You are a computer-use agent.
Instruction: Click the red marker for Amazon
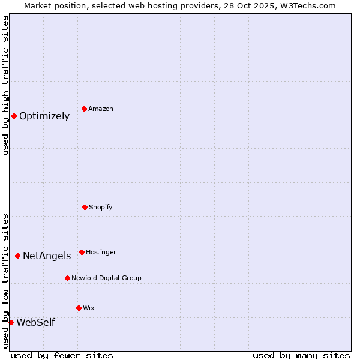85,109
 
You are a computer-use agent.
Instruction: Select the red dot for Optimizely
14,116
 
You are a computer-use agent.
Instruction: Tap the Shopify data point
85,207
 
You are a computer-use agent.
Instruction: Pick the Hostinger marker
82,252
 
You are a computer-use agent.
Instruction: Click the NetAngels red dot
17,256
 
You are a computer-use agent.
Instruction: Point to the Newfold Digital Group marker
67,278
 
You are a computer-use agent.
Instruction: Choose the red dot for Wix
79,308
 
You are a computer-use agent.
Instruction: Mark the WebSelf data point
11,322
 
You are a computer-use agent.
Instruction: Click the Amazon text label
101,109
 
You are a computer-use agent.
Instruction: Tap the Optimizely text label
44,116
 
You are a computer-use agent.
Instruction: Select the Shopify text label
101,207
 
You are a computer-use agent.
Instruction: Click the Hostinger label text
101,252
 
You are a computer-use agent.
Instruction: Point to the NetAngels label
47,256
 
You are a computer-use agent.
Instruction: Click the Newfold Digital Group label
106,278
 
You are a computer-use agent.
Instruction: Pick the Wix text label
89,308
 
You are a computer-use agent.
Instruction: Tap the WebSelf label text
35,323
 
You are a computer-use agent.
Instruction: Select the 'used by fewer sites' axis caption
62,355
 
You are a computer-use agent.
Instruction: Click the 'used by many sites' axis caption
301,355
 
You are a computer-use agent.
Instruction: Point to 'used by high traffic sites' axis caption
5,85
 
